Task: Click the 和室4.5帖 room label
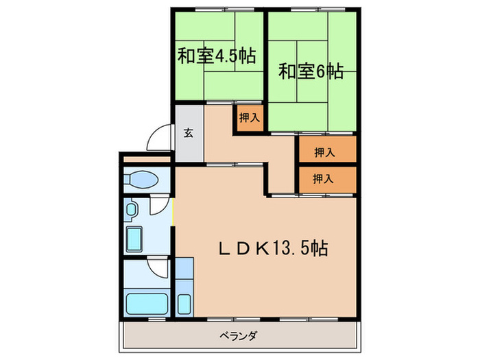pyautogui.click(x=216, y=56)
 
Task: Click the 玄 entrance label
pyautogui.click(x=188, y=132)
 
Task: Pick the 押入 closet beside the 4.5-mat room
pyautogui.click(x=249, y=117)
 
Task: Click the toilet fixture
pyautogui.click(x=143, y=180)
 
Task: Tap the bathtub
pyautogui.click(x=145, y=302)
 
